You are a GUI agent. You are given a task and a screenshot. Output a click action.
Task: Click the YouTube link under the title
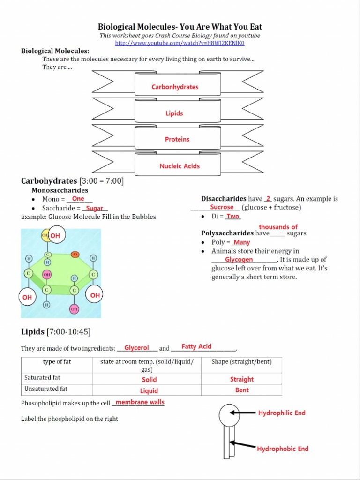(180, 43)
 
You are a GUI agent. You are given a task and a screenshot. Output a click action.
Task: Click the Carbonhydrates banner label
(175, 87)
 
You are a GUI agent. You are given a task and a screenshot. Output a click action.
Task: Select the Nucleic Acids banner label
(179, 166)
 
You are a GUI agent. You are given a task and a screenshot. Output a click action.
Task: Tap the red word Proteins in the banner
(177, 139)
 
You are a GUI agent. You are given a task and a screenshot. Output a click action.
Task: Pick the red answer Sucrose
(222, 207)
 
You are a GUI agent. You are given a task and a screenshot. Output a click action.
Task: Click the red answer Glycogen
(239, 259)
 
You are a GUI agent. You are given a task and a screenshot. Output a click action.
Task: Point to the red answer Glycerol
(136, 348)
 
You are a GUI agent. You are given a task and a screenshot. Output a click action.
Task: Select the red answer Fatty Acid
(196, 346)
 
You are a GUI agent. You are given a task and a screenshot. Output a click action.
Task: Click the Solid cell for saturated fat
(149, 380)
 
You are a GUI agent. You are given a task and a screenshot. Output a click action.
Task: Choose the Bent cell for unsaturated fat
(242, 390)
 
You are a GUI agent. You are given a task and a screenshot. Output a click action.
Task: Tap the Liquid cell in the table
(149, 390)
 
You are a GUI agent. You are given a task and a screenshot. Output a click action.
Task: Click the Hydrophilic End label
(281, 413)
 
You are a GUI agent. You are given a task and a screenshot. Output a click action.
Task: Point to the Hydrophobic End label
(283, 449)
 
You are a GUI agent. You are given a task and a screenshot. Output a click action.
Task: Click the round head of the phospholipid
(229, 414)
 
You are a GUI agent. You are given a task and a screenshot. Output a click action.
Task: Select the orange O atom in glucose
(75, 254)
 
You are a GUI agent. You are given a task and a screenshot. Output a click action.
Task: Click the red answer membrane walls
(140, 402)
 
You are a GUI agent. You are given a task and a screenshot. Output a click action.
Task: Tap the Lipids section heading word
(33, 332)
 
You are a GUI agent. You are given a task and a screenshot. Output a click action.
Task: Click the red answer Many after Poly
(241, 242)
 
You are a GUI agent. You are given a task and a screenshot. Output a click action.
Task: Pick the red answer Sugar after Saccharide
(94, 208)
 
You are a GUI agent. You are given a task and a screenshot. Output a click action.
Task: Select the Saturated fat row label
(42, 378)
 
